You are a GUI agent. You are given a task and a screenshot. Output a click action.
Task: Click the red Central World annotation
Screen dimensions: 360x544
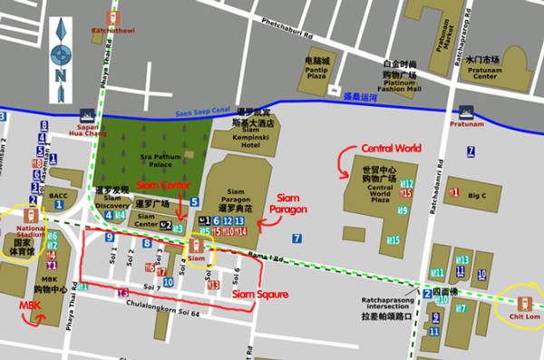click(392, 148)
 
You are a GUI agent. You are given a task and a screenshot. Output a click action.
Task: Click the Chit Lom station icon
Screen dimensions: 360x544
click(523, 303)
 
